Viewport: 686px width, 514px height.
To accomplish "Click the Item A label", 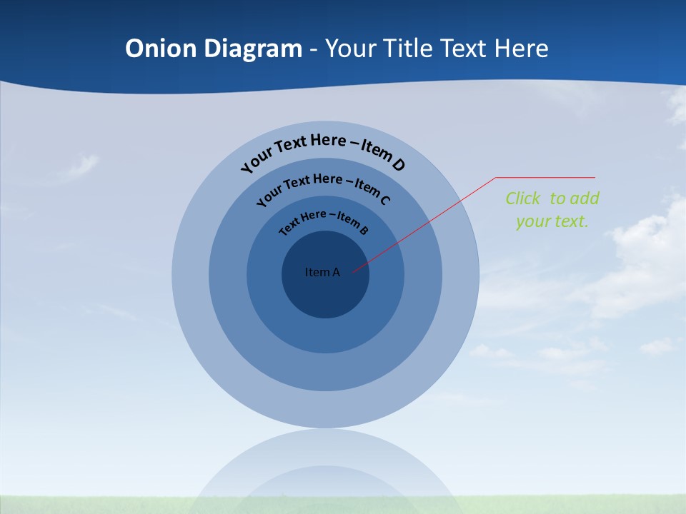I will tap(322, 272).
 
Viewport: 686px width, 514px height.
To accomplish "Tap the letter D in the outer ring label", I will tap(398, 165).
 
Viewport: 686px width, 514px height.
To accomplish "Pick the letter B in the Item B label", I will tap(364, 230).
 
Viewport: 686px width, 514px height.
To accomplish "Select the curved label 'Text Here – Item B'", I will tap(323, 220).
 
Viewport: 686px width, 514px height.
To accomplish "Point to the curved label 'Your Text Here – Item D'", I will tap(323, 148).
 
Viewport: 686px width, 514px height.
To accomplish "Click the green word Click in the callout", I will tap(523, 198).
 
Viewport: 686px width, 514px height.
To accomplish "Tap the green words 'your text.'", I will tap(552, 221).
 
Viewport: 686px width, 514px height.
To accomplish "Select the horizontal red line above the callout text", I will tap(545, 177).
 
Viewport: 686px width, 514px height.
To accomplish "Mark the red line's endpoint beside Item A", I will tap(353, 271).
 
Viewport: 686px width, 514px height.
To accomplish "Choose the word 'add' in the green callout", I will tap(585, 198).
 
